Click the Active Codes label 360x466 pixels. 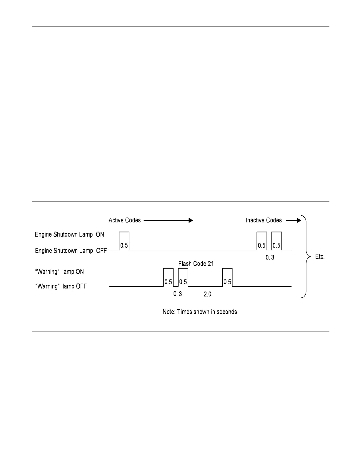(125, 220)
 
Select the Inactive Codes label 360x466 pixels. (264, 220)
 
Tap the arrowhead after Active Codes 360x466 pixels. (191, 220)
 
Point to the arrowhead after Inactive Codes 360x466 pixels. (299, 220)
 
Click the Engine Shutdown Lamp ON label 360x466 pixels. (69, 235)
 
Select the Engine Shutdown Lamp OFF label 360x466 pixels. (71, 251)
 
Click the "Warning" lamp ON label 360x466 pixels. (59, 272)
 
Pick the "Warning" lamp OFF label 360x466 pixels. (61, 286)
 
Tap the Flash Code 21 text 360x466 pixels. (196, 264)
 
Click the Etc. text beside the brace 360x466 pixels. (320, 257)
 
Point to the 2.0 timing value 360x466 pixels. (207, 294)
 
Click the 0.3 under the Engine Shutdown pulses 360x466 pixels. (270, 257)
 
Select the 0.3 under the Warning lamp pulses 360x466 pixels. (177, 294)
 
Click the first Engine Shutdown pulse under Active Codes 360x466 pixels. (124, 241)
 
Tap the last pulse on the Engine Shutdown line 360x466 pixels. (276, 241)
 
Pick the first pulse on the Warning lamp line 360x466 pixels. (168, 277)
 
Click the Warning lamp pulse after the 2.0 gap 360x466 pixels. (227, 277)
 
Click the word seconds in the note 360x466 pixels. (227, 312)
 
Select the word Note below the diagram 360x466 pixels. (169, 312)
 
